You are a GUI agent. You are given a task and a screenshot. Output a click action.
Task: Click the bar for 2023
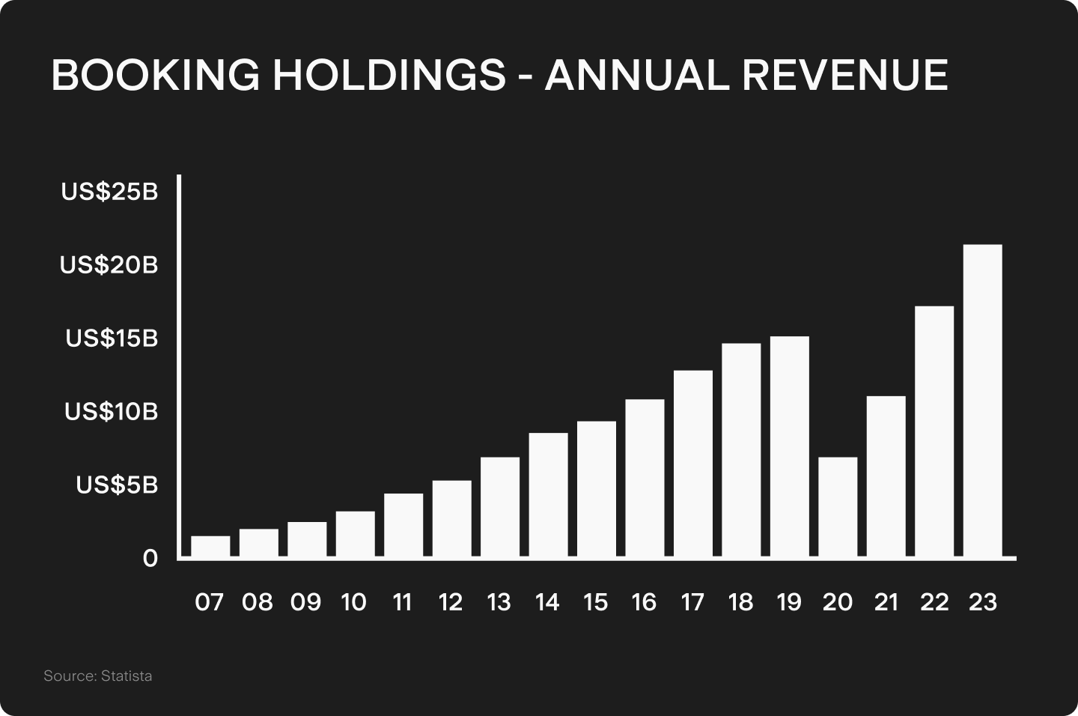983,401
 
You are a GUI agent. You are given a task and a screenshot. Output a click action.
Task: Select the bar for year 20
838,507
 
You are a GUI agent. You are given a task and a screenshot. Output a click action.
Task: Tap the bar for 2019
789,446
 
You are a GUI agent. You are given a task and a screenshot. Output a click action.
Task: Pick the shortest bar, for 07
210,547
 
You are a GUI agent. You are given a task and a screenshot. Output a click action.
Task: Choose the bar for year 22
934,431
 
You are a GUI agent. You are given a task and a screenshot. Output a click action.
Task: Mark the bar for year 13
500,507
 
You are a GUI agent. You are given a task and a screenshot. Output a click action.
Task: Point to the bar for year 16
645,478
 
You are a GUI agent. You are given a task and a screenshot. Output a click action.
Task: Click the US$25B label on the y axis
110,192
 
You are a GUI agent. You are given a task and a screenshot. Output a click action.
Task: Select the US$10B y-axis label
112,412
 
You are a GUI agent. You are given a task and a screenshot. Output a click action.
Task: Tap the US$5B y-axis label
117,485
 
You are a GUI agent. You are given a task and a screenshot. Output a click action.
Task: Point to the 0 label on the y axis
150,559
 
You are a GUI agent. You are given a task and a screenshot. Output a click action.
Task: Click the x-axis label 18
740,602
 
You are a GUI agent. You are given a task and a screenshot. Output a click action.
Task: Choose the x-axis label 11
402,602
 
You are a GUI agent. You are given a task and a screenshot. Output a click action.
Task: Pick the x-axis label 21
886,602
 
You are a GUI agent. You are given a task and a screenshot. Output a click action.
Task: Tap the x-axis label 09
305,602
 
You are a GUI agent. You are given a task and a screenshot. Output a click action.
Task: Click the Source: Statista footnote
97,676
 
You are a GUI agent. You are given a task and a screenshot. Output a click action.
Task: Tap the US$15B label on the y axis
112,339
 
